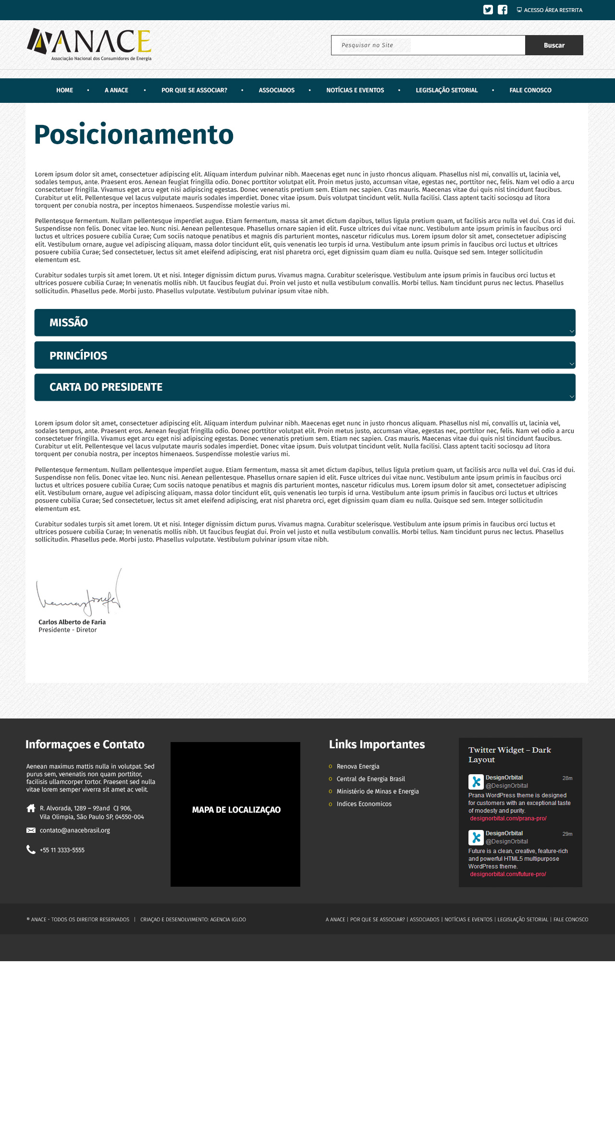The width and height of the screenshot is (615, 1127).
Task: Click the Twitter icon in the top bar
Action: point(488,10)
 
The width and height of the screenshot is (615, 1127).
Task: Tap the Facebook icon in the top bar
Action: point(503,10)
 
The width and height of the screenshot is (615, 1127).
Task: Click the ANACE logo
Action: point(89,44)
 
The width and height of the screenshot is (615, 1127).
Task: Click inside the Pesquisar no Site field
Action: point(428,45)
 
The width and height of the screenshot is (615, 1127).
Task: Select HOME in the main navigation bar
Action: point(64,90)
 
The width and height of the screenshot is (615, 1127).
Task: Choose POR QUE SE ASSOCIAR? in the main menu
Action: point(194,90)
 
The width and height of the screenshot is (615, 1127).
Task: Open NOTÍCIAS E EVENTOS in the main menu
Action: point(355,90)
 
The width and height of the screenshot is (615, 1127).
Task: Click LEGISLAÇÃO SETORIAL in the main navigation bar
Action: point(446,90)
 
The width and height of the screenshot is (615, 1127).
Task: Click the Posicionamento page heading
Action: point(134,135)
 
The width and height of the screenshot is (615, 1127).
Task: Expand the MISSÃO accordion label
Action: point(69,322)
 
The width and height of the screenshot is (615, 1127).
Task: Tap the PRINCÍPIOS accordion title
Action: point(78,356)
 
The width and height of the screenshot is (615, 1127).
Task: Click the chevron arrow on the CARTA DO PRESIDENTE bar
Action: point(572,396)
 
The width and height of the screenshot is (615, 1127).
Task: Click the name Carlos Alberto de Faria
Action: point(72,622)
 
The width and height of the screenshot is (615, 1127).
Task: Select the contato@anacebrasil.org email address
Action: point(75,830)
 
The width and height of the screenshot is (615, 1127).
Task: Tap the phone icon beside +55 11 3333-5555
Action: point(31,850)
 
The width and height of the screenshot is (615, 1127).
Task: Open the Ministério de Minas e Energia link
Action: point(378,792)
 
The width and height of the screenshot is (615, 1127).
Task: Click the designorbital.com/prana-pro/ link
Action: point(508,818)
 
